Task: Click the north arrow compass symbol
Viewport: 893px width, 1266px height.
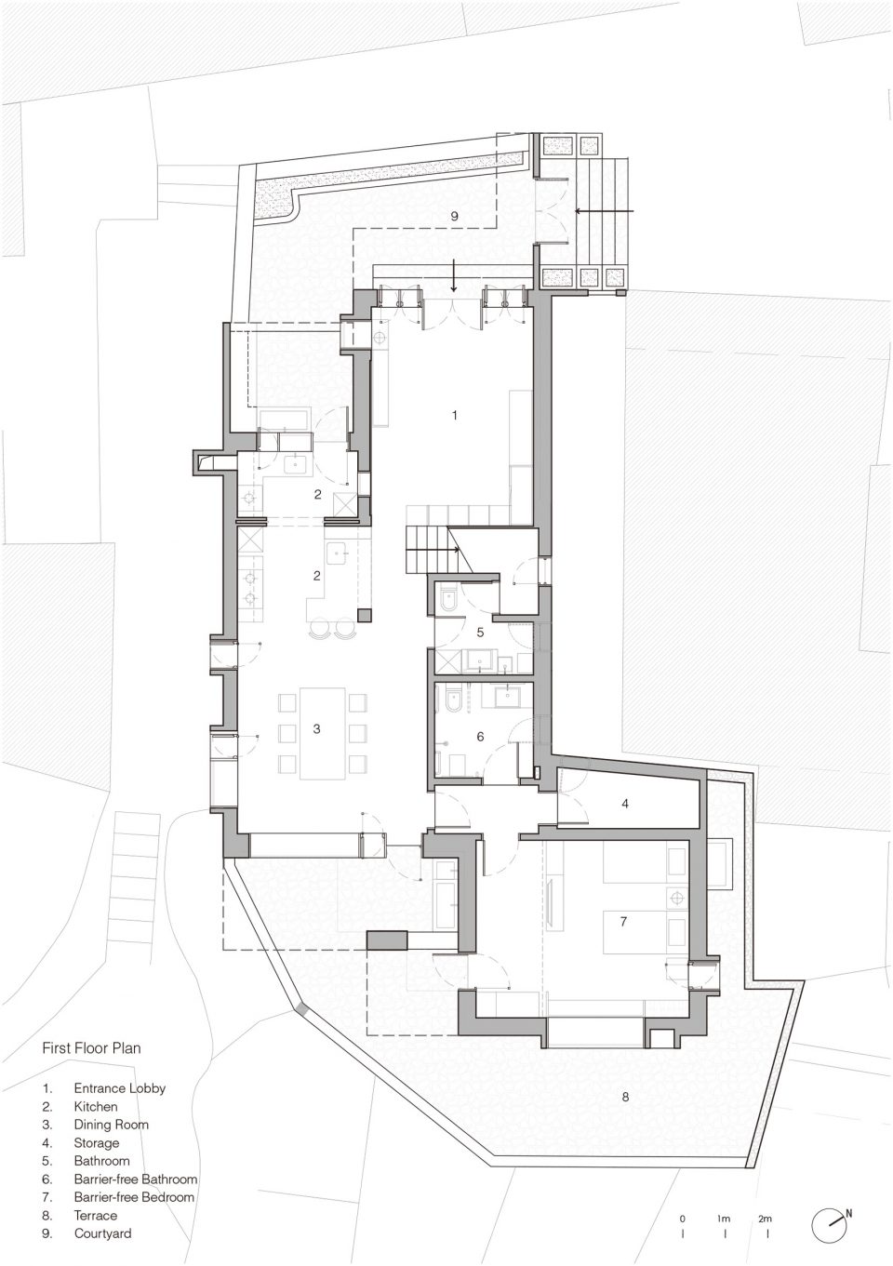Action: tap(832, 1223)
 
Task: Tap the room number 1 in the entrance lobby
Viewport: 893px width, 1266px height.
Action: tap(455, 416)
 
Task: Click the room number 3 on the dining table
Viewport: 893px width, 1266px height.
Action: tap(316, 728)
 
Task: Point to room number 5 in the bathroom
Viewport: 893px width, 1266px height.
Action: tap(480, 632)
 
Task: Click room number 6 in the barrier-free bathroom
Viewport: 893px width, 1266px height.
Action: tap(480, 737)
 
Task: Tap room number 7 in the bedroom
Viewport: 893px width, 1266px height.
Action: tap(623, 922)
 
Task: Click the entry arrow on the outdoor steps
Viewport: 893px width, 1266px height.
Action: tap(605, 211)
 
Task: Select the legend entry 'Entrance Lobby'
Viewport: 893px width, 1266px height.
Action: tap(120, 1088)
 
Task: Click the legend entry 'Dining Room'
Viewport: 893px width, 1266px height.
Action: tap(112, 1125)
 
